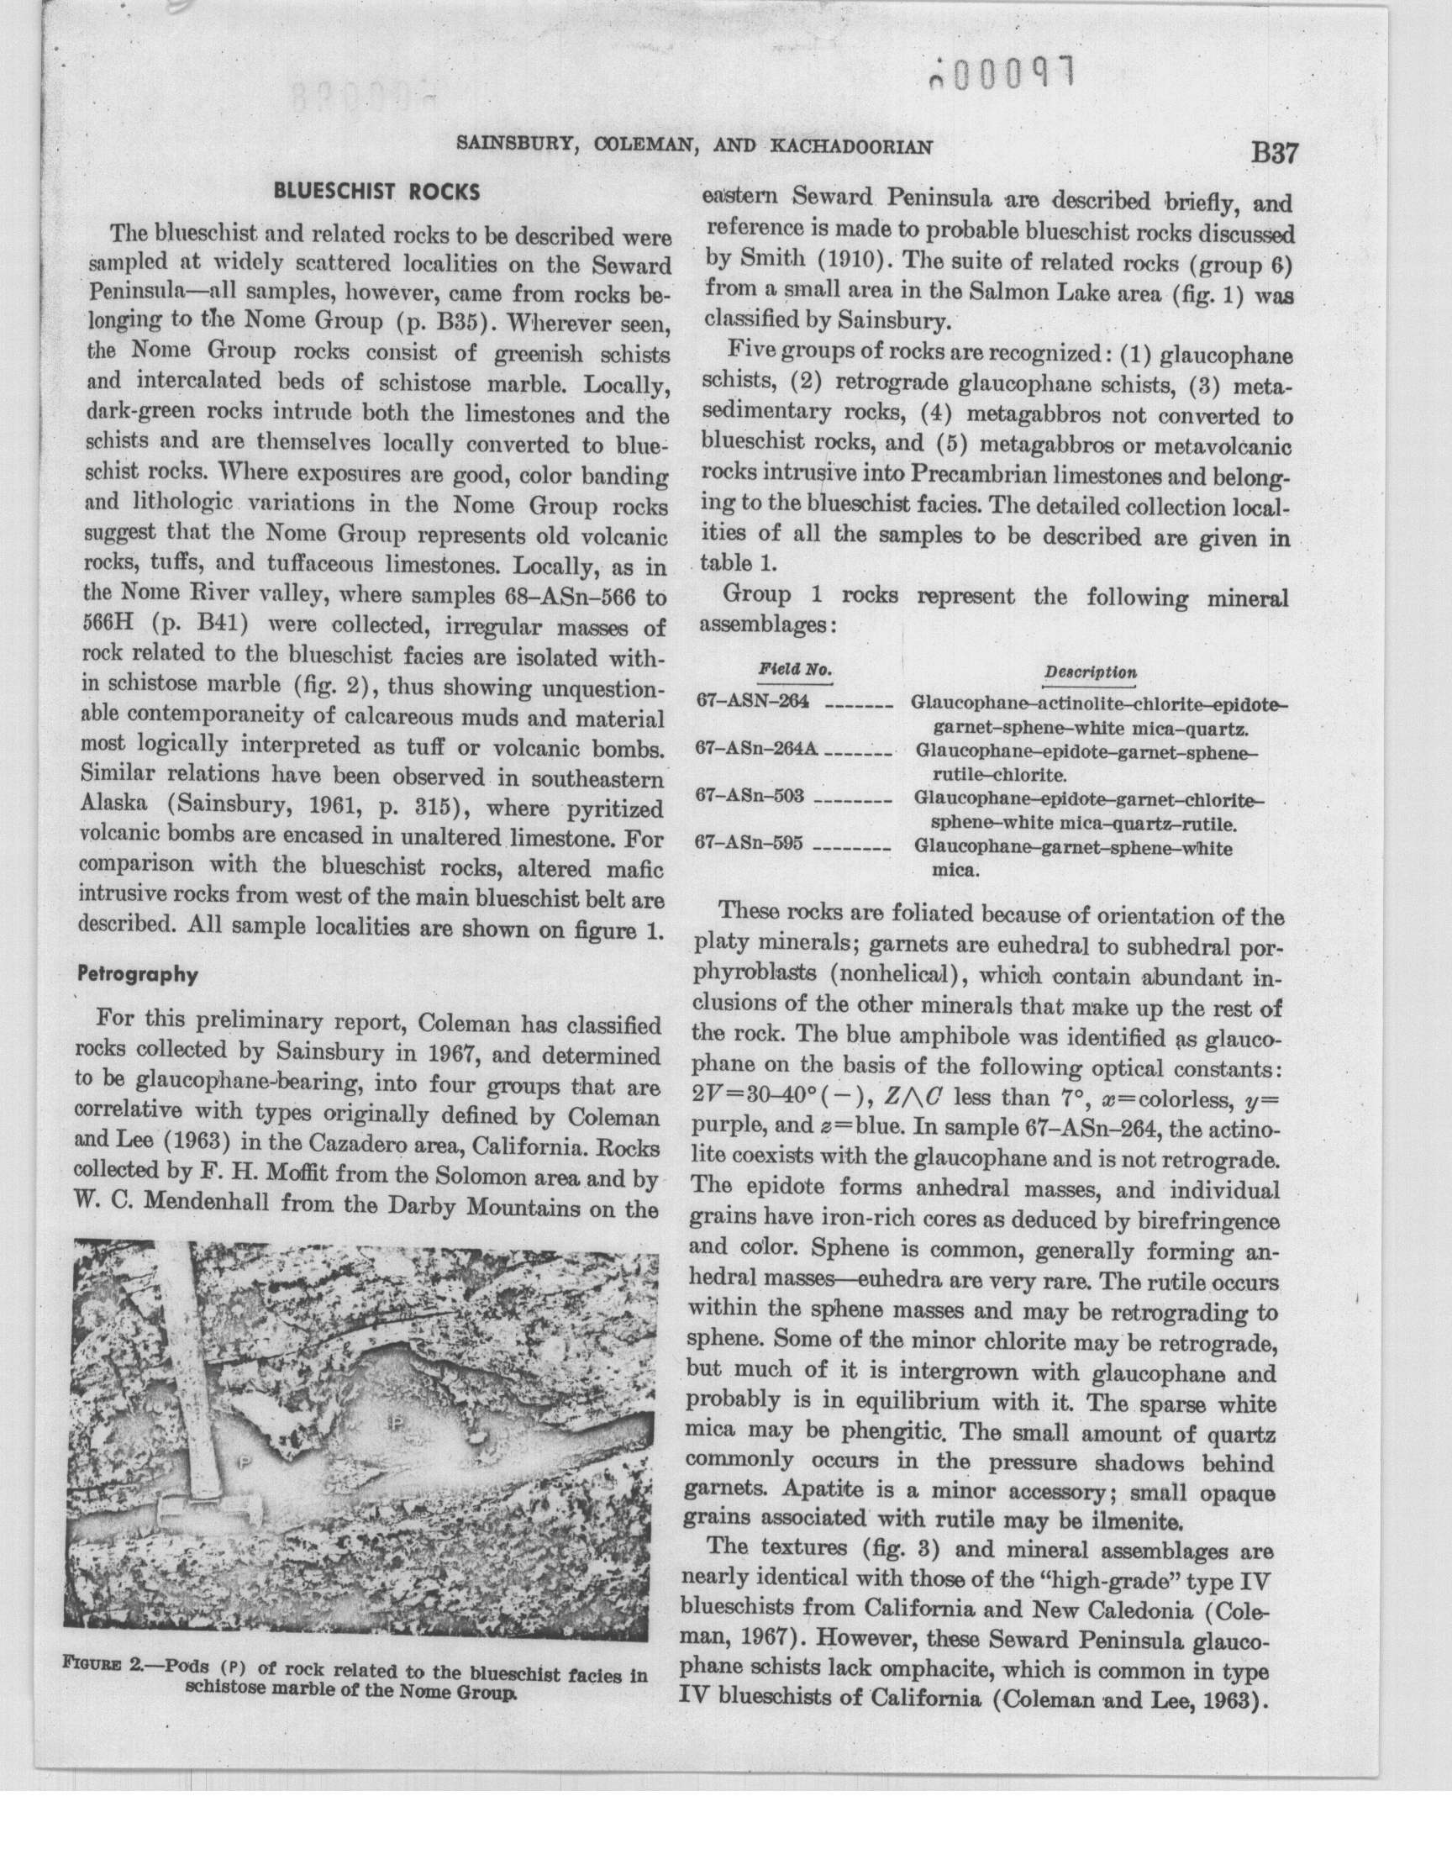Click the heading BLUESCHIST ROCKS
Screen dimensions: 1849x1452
tap(376, 192)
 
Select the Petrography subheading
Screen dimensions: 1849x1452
tap(138, 974)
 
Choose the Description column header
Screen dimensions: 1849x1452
tap(1090, 672)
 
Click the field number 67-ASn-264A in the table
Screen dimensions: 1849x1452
tap(756, 748)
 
